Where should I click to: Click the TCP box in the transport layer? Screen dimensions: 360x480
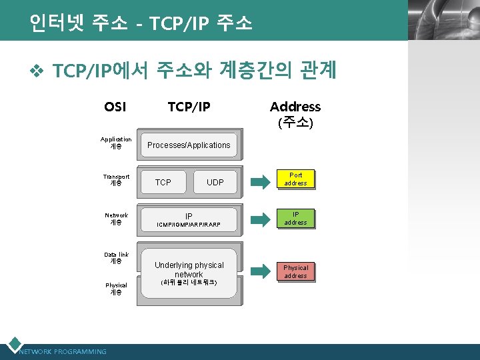(163, 182)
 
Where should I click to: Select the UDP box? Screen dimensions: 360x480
(215, 182)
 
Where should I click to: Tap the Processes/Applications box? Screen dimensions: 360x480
(189, 145)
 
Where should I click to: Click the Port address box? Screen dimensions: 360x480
(295, 179)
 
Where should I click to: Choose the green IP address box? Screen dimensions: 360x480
(295, 219)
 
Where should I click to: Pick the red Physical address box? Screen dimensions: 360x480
(295, 272)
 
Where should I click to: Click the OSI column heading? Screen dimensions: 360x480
(115, 107)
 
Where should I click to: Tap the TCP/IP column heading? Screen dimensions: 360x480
(189, 107)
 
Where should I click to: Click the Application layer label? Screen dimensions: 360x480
(116, 143)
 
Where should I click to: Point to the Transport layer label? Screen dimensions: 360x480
(116, 180)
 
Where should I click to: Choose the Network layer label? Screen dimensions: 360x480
(116, 219)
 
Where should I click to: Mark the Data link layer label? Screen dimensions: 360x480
(116, 258)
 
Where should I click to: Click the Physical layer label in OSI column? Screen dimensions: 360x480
(116, 289)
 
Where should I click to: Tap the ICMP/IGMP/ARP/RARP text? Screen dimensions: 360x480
(189, 225)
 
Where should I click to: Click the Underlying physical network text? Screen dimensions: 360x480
(189, 269)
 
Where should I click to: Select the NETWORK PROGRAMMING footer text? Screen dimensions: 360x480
(63, 351)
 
